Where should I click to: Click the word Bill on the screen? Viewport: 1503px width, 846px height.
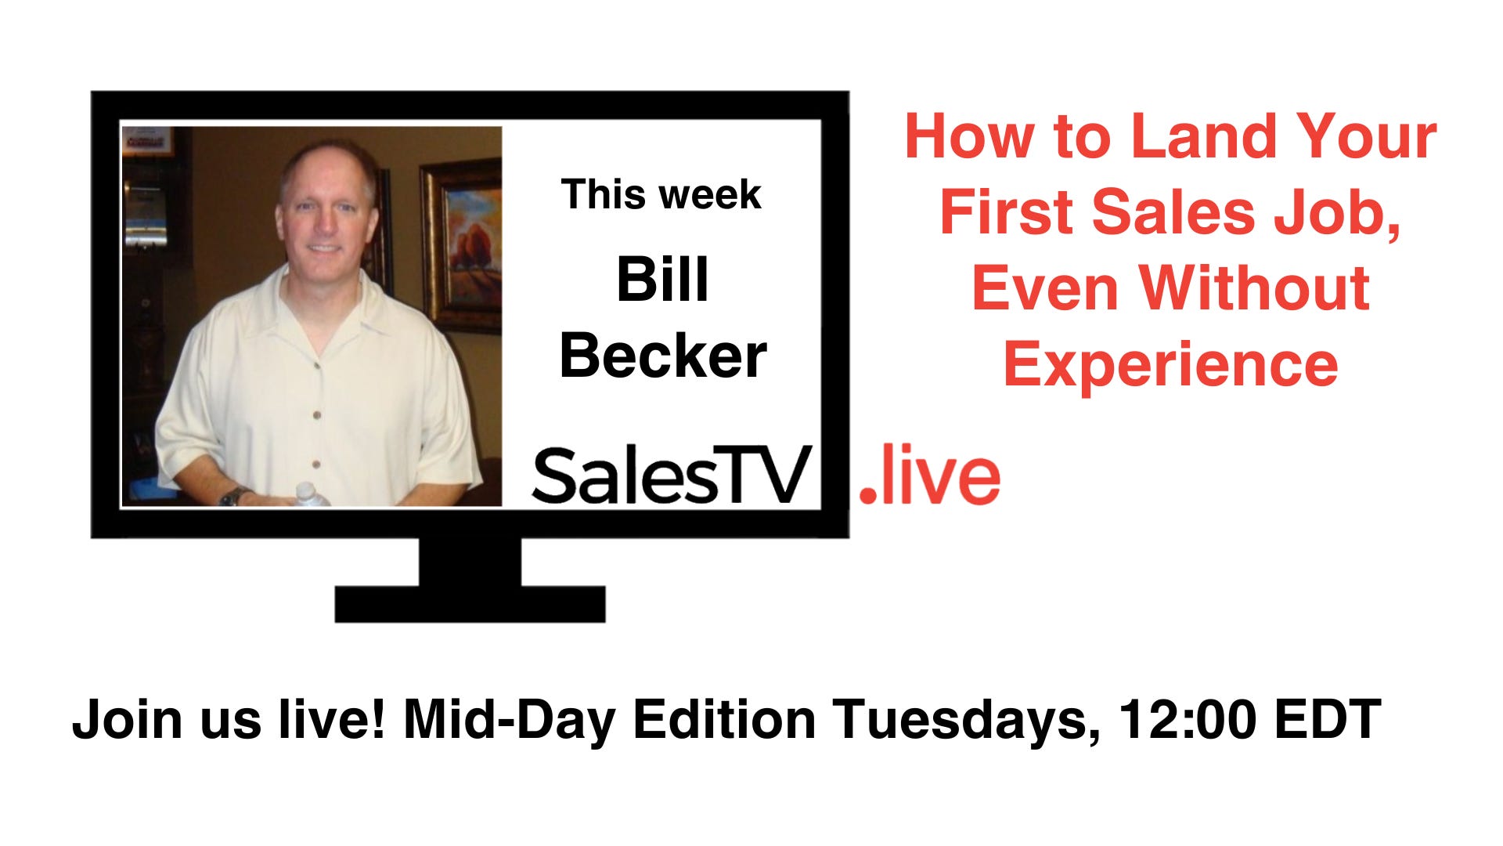coord(662,280)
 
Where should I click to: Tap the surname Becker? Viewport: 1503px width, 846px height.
coord(663,356)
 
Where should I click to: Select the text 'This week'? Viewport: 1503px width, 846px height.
coord(661,194)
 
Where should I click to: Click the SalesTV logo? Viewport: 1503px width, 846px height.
coord(671,475)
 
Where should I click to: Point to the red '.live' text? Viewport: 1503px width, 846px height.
coord(929,475)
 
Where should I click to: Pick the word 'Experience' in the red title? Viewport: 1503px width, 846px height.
coord(1170,364)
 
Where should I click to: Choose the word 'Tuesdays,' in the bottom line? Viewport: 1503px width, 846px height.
coord(966,718)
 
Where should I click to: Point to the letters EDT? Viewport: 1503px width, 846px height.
coord(1328,718)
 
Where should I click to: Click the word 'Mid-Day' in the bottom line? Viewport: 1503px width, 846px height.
coord(510,720)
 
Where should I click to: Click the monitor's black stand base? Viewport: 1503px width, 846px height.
coord(470,604)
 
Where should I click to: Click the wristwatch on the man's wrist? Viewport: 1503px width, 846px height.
coord(232,496)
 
